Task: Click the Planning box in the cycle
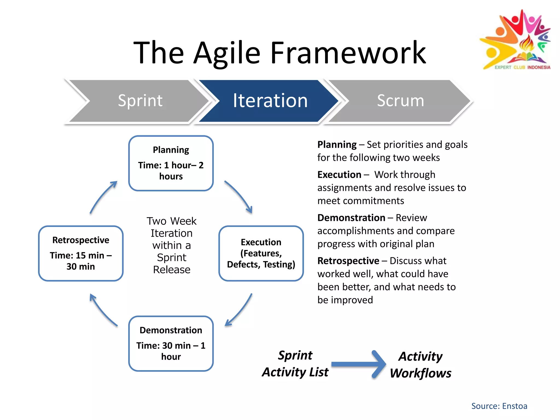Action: point(171,163)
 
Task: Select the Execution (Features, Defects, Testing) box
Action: point(261,253)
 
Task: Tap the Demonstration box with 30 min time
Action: point(171,344)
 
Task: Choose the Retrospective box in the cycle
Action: point(81,253)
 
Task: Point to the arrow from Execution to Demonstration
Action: point(240,311)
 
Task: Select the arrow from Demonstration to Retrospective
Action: point(102,311)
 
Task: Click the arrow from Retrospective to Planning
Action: point(102,196)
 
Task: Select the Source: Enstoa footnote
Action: point(499,406)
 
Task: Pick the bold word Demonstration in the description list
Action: point(351,218)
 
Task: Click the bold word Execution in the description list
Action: point(339,175)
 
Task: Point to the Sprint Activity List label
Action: point(295,364)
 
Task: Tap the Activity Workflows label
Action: point(421,365)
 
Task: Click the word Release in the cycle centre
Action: point(171,270)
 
